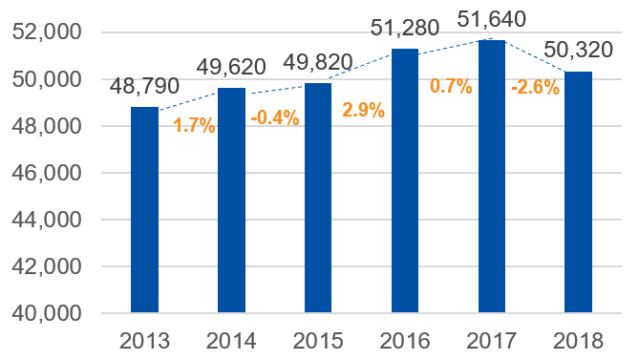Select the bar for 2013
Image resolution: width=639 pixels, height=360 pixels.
pos(145,209)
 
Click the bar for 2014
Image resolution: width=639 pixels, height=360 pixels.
pos(232,200)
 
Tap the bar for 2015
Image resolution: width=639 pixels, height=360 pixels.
pos(318,198)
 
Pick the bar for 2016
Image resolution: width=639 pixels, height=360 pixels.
pos(405,180)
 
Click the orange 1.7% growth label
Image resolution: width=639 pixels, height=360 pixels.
pos(194,125)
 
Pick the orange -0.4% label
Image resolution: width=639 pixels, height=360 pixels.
pos(274,118)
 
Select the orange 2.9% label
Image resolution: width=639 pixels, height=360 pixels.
pos(363,110)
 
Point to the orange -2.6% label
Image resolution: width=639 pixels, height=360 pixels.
pos(535,87)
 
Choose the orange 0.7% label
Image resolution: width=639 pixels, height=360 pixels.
pos(451,86)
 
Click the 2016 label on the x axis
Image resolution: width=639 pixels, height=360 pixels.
pos(405,341)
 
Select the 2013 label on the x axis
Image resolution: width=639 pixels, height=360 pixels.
pos(145,341)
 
